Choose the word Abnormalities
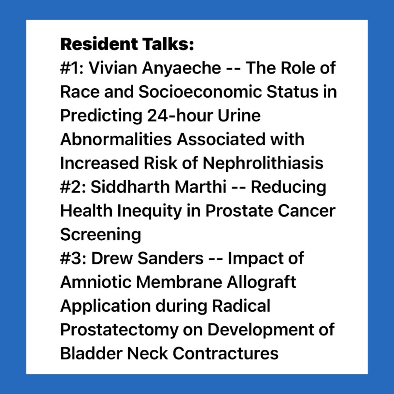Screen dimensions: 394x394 pyautogui.click(x=116, y=140)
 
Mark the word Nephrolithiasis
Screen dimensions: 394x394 pyautogui.click(x=263, y=163)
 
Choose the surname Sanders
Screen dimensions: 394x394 pyautogui.click(x=170, y=258)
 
